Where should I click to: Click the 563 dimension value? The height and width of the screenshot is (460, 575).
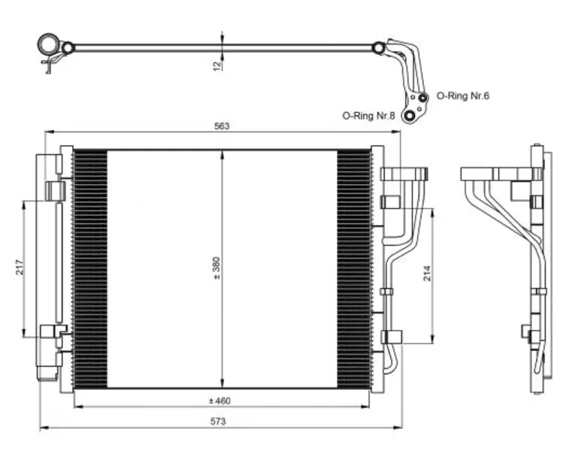221,126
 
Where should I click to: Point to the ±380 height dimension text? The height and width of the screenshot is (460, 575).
216,268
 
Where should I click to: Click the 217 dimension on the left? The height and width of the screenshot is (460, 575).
20,266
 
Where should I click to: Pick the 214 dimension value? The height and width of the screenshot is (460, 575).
426,273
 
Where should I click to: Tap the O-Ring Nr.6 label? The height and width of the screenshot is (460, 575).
463,96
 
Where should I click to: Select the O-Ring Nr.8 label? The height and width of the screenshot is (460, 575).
368,116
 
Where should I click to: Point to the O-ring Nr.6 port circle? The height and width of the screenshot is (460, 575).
423,97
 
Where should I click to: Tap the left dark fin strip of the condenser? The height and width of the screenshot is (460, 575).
90,268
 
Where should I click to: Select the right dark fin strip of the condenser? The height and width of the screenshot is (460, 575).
353,268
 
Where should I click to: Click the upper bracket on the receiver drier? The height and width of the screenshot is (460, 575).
56,190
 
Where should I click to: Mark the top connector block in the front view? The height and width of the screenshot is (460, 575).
404,174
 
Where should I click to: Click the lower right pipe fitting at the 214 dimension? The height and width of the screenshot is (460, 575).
392,337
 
